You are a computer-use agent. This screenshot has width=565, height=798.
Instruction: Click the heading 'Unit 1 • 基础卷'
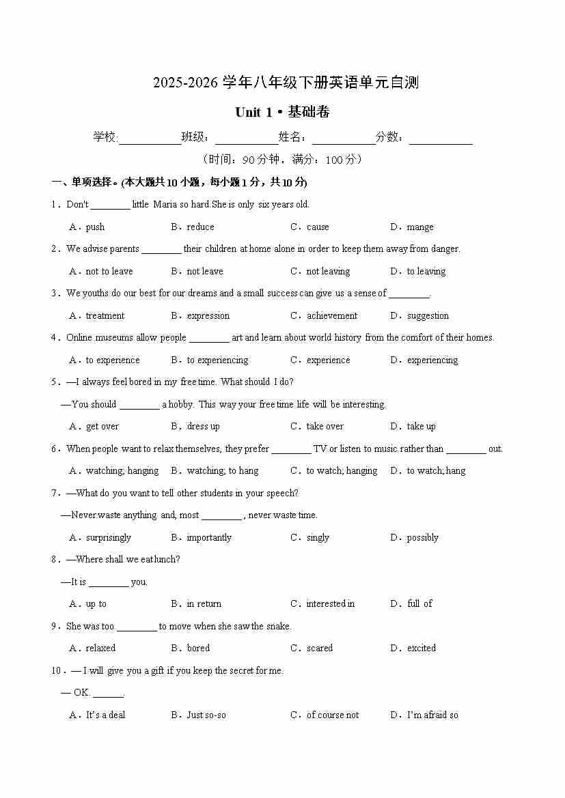point(282,112)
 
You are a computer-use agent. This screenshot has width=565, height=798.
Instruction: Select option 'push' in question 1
point(95,227)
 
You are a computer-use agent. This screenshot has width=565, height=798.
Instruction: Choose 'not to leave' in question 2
point(109,272)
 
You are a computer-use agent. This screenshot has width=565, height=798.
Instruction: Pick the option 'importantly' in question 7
point(209,538)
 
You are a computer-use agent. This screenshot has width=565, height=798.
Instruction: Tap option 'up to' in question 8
point(96,604)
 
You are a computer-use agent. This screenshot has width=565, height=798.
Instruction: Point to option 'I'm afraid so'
point(432,715)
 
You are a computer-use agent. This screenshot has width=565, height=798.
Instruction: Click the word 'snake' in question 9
point(278,627)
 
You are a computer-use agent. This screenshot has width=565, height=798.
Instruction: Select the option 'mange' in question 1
point(420,227)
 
